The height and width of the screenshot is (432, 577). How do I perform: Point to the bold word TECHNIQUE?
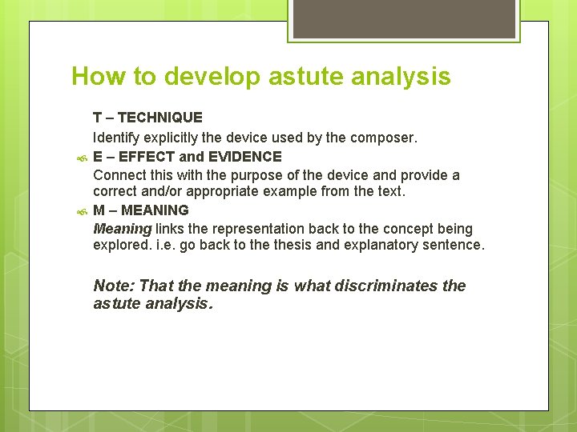[160, 118]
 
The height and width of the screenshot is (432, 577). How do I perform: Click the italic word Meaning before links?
[122, 229]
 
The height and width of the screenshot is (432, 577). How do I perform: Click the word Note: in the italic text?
[114, 286]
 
